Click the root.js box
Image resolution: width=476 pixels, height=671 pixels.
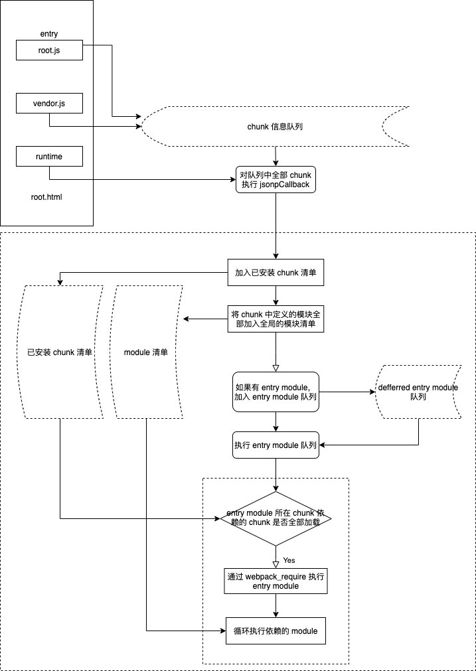pos(49,50)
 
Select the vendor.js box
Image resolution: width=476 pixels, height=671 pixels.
pos(49,104)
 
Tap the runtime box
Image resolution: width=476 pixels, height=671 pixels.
pos(49,157)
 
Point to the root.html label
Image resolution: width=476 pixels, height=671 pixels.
pos(46,197)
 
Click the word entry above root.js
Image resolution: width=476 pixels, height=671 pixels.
pos(49,34)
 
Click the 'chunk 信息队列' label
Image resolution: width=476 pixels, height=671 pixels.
pos(275,127)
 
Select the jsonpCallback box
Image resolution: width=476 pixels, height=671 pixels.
pos(275,179)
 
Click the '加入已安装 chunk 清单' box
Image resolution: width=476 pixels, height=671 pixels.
pos(276,272)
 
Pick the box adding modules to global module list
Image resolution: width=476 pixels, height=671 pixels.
pos(276,319)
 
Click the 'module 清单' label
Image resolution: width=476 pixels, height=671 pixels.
pos(146,352)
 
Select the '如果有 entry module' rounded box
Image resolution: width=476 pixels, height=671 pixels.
pos(275,392)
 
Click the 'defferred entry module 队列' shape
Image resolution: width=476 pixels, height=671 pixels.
pos(418,392)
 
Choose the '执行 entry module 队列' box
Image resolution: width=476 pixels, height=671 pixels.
pos(276,445)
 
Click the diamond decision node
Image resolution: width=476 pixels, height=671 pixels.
pos(276,518)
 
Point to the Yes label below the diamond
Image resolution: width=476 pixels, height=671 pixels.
pos(289,559)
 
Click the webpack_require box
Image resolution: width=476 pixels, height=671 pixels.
pos(276,581)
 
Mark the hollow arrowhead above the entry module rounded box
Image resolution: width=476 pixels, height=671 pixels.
pos(276,366)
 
